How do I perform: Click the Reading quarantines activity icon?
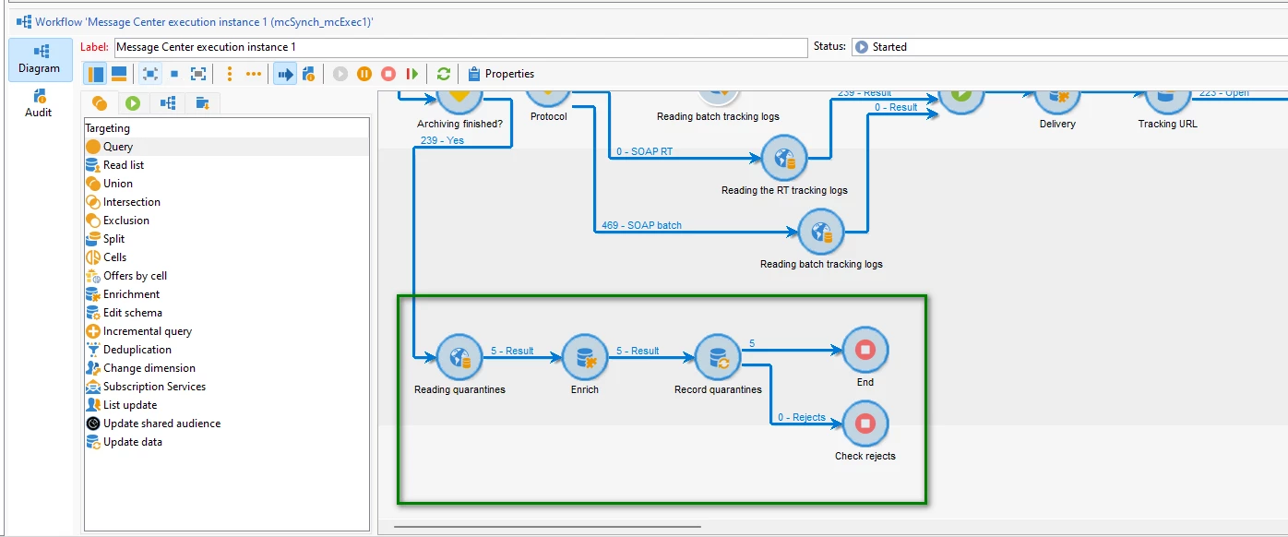(x=459, y=356)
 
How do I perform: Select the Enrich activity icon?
(x=585, y=356)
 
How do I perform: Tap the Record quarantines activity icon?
(x=718, y=356)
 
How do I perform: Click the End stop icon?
(x=865, y=350)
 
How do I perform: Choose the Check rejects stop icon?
(x=865, y=424)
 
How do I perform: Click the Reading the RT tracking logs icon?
(x=784, y=159)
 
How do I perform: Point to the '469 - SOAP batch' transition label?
(x=642, y=225)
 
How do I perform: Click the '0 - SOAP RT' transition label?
(x=644, y=151)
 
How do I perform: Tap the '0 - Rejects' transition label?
(x=801, y=417)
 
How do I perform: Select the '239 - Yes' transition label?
(x=442, y=140)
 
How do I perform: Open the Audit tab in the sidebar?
(x=39, y=101)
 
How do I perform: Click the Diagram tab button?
(x=39, y=59)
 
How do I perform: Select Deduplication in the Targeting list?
(x=137, y=350)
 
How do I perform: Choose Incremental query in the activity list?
(x=148, y=331)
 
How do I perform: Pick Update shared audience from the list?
(x=161, y=424)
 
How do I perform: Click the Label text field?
(x=459, y=47)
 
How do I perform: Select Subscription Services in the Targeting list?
(x=154, y=387)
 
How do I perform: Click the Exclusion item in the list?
(x=126, y=221)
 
